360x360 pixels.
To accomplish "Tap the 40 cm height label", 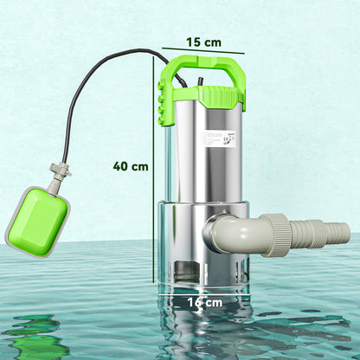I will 130,166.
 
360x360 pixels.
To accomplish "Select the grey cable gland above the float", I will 58,173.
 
